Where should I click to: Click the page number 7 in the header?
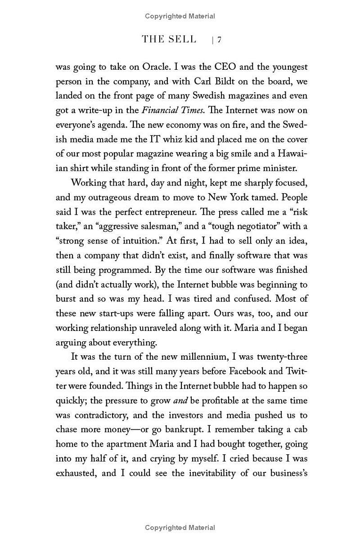(219, 40)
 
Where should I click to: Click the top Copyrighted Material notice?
(180, 16)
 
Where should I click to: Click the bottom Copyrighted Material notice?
(180, 528)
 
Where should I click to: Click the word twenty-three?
(282, 357)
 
